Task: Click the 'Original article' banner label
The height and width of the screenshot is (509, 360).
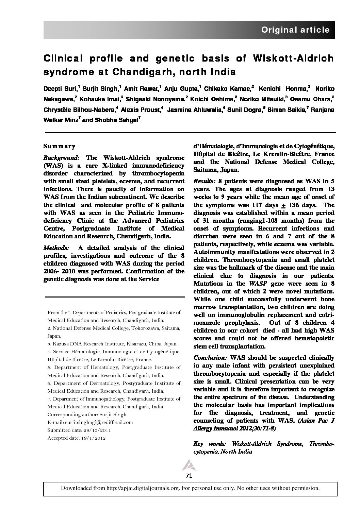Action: (295, 30)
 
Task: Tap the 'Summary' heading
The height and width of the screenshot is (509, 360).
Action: (59, 146)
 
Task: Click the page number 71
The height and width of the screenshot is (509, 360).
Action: (189, 476)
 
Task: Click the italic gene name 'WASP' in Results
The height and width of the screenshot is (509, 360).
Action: (256, 284)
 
